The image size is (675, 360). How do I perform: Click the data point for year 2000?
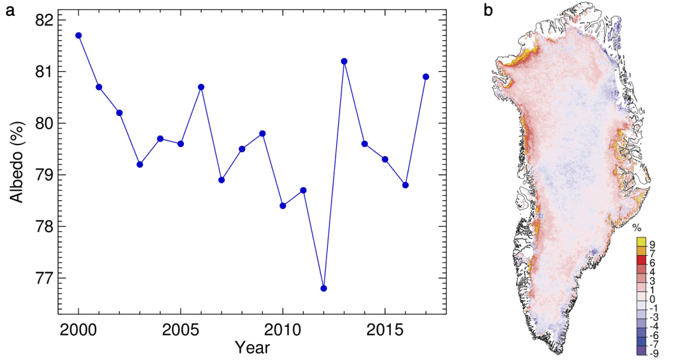coord(78,36)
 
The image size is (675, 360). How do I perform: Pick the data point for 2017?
coord(426,76)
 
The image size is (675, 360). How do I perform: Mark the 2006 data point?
coord(201,87)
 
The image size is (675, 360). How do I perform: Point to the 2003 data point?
coord(140,164)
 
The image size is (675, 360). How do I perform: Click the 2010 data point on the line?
coord(283,206)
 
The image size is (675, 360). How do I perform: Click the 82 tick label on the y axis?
coord(42,20)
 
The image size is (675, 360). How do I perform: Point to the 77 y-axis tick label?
coord(42,278)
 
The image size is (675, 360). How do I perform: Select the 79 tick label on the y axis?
coord(42,175)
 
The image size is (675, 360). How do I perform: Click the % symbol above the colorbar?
coord(637,228)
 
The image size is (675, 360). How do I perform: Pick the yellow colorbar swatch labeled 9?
coord(641,243)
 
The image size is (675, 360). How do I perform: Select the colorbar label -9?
coord(654,352)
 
